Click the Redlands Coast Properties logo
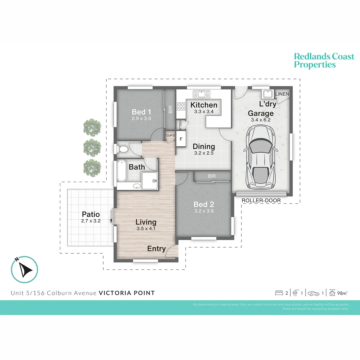[x=324, y=60]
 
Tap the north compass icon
[x=25, y=269]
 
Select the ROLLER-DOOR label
[x=261, y=200]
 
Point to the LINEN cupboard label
[x=282, y=94]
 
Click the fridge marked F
[x=181, y=139]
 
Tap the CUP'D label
[x=171, y=136]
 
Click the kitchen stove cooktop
[x=181, y=107]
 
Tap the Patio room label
[x=91, y=214]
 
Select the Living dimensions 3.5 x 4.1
[x=146, y=229]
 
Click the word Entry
[x=156, y=249]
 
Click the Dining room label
[x=204, y=146]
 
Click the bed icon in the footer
[x=279, y=293]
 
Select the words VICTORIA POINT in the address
[x=127, y=293]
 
